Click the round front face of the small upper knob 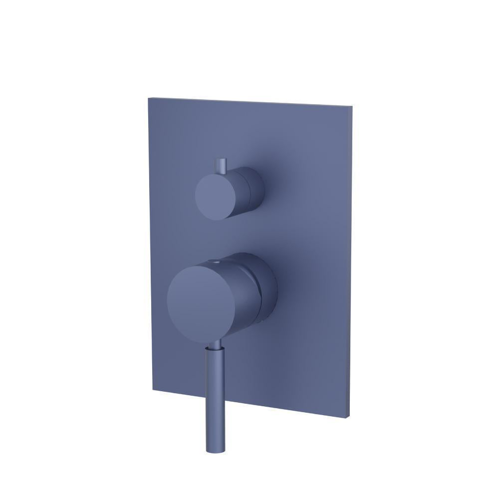pos(215,196)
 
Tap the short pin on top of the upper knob pos(221,166)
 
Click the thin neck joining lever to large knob pos(216,346)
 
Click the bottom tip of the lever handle pos(214,451)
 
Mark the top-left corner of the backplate pos(148,98)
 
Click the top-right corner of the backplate pos(352,106)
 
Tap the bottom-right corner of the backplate pos(349,417)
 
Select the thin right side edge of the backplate pos(351,259)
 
